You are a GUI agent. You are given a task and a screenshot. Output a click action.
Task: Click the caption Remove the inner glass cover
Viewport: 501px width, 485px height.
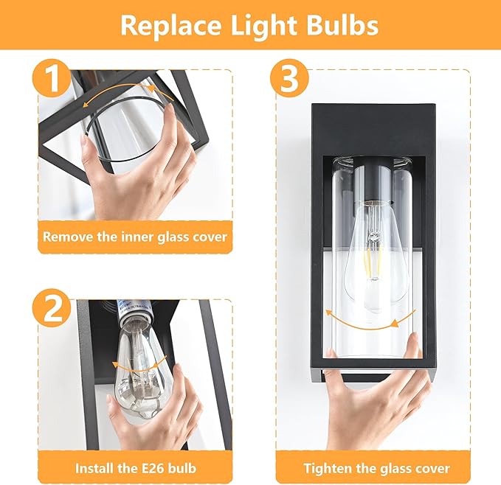click(x=134, y=237)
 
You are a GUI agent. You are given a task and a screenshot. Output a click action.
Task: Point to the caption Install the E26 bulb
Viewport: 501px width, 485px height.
click(x=134, y=467)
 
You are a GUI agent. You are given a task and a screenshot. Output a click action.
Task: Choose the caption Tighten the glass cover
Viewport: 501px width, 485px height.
click(x=376, y=467)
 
